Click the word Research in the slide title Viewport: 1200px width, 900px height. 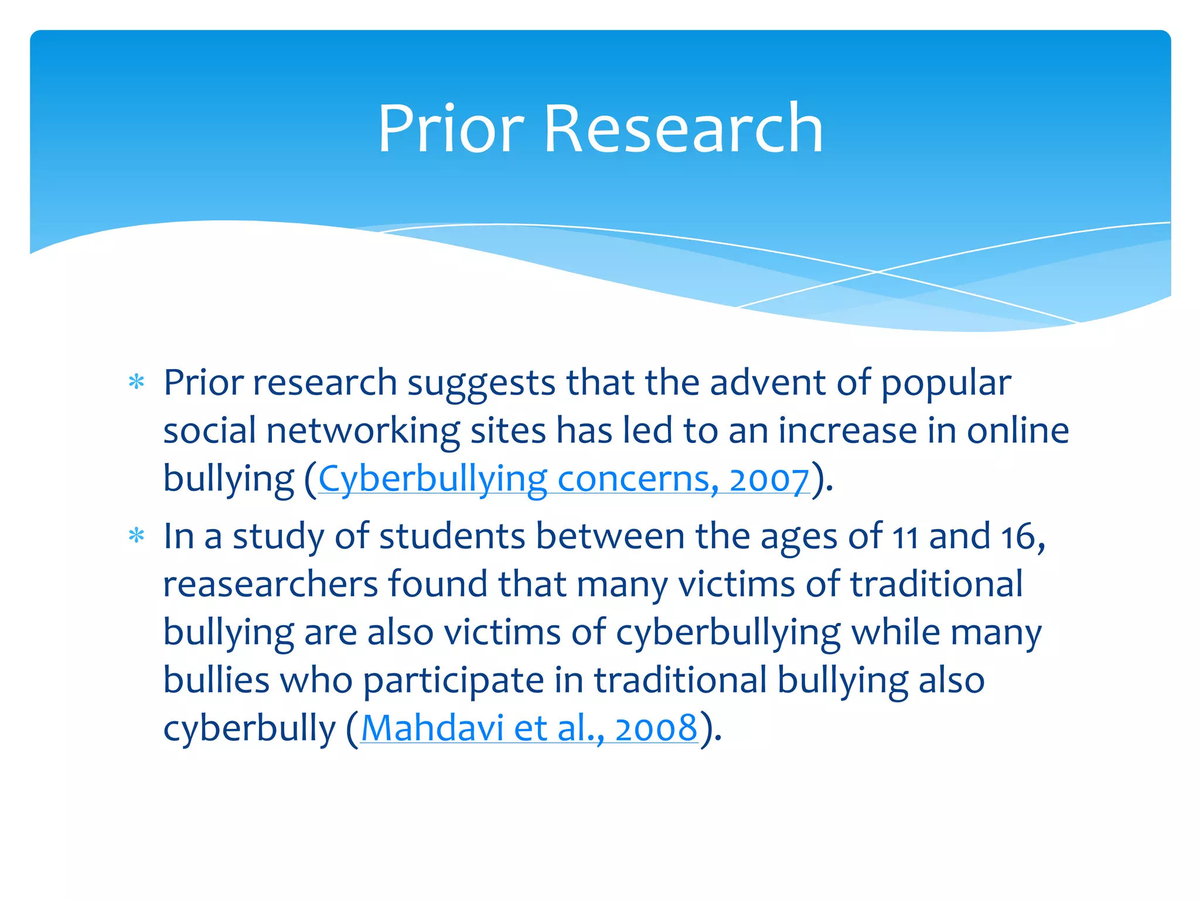coord(683,129)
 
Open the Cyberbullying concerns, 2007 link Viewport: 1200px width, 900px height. coord(564,479)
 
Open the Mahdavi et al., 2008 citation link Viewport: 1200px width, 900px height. coord(529,728)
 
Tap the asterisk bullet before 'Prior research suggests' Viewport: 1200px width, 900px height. coord(137,383)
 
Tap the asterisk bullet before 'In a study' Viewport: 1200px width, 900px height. coord(137,536)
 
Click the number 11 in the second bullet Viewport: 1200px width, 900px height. coord(905,537)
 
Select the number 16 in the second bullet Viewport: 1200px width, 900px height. coord(1020,537)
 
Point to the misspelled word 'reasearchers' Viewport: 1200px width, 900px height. coord(271,585)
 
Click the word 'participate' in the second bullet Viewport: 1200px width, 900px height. coord(453,681)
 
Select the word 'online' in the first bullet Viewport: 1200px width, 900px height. coord(1018,431)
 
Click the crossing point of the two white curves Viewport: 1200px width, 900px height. coord(877,272)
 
